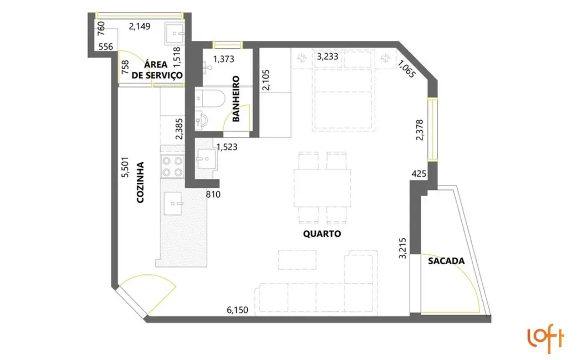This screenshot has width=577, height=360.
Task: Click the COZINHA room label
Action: click(140, 182)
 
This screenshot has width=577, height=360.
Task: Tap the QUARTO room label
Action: click(321, 234)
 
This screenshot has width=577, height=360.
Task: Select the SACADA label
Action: click(446, 260)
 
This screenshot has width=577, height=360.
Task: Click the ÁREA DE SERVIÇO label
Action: click(157, 70)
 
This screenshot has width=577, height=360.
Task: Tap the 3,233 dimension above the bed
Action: click(328, 56)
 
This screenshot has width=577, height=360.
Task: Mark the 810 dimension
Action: click(213, 194)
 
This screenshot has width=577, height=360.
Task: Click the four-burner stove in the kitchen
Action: click(171, 166)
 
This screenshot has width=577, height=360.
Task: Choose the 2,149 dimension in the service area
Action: click(140, 25)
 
